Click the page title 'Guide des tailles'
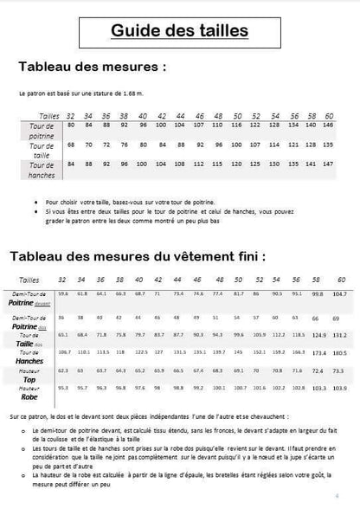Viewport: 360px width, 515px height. [x=180, y=32]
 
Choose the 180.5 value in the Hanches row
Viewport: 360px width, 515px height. [x=339, y=353]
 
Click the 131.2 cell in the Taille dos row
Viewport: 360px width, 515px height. [x=339, y=334]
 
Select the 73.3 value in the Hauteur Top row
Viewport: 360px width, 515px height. [x=339, y=371]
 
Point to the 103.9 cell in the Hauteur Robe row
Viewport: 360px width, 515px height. [x=339, y=390]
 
